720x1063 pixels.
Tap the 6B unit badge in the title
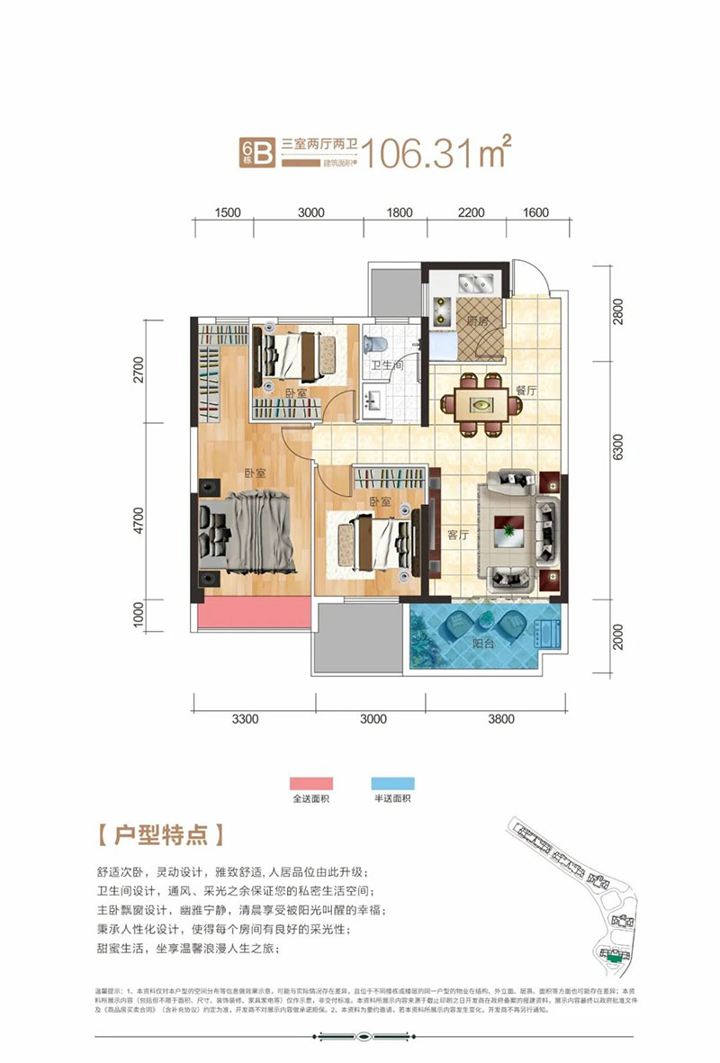tap(256, 152)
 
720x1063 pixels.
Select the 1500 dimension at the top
tap(228, 213)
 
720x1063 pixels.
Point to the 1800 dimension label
tap(400, 213)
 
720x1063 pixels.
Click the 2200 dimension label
tap(471, 213)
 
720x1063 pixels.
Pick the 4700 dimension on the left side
tap(138, 523)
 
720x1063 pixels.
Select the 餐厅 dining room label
tap(526, 390)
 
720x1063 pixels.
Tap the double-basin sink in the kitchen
tap(476, 284)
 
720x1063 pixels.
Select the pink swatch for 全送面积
tap(310, 783)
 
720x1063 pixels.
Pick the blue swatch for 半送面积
tap(391, 783)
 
